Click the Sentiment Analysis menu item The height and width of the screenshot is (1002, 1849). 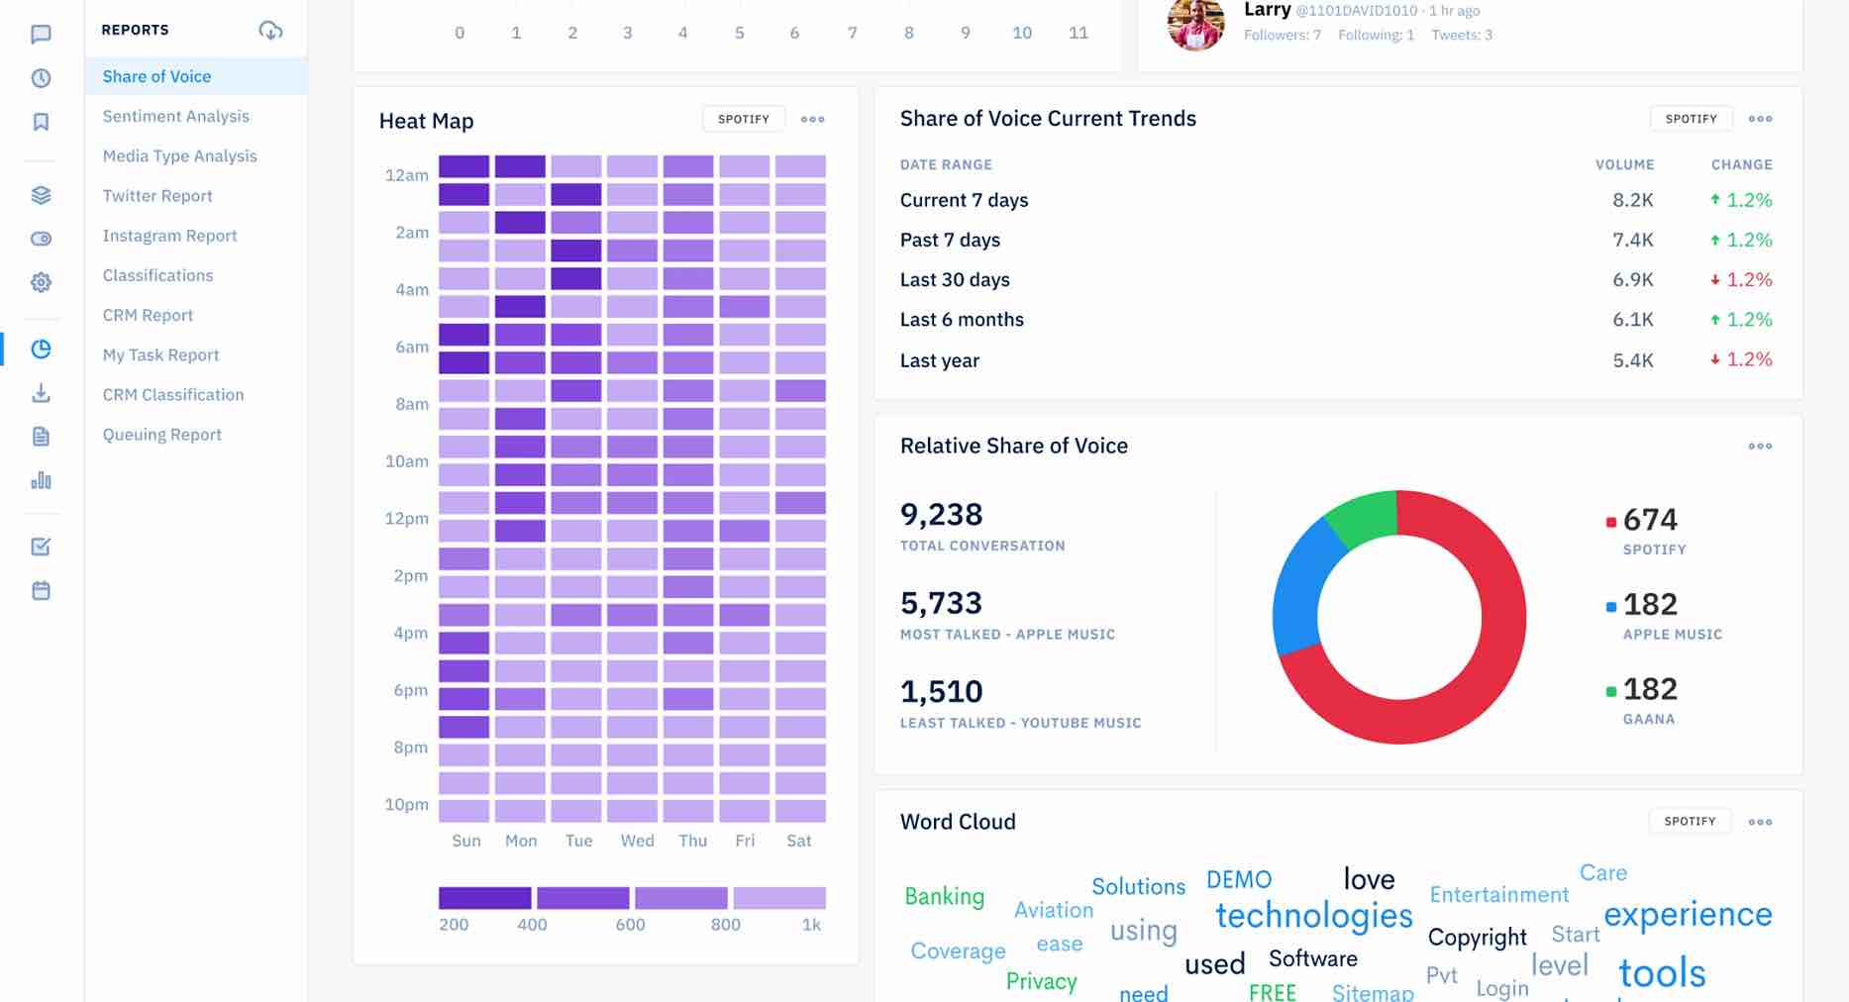pyautogui.click(x=175, y=116)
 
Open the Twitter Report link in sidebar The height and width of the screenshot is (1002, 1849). pyautogui.click(x=157, y=196)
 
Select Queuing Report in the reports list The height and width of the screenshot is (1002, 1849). pyautogui.click(x=161, y=435)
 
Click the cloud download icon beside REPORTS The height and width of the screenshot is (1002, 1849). pyautogui.click(x=270, y=31)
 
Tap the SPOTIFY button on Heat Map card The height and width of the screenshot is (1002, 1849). pyautogui.click(x=743, y=119)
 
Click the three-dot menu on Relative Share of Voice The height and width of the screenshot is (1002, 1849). pyautogui.click(x=1759, y=447)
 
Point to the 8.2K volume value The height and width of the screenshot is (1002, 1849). pyautogui.click(x=1632, y=200)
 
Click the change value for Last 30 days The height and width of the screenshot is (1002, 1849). pyautogui.click(x=1741, y=280)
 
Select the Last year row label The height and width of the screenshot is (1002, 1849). pyautogui.click(x=939, y=360)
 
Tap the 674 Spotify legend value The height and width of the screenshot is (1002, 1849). pyautogui.click(x=1649, y=520)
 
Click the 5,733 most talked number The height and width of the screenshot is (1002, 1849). pyautogui.click(x=941, y=603)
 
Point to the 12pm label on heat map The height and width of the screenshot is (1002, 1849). pyautogui.click(x=406, y=519)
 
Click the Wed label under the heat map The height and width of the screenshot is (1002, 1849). pyautogui.click(x=637, y=841)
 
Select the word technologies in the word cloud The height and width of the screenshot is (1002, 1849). pyautogui.click(x=1313, y=916)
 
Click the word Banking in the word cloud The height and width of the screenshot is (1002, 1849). pyautogui.click(x=944, y=896)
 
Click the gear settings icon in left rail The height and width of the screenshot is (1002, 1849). pyautogui.click(x=41, y=282)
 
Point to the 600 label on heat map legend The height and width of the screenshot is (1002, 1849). pyautogui.click(x=630, y=925)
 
